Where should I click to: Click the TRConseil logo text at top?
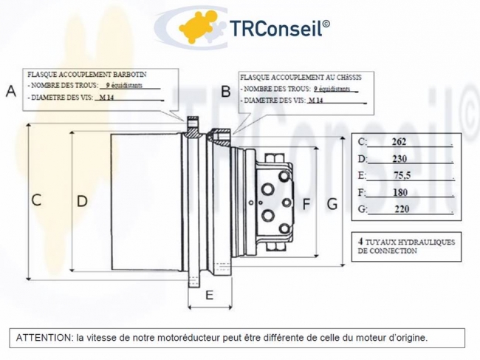pyautogui.click(x=279, y=28)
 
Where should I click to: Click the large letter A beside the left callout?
pyautogui.click(x=11, y=91)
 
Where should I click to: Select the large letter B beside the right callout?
pyautogui.click(x=226, y=92)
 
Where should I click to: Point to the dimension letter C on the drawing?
pyautogui.click(x=36, y=200)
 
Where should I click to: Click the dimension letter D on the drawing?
pyautogui.click(x=82, y=201)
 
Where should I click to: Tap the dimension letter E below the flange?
pyautogui.click(x=210, y=295)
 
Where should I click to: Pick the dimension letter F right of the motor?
pyautogui.click(x=306, y=204)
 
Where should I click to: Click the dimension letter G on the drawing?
pyautogui.click(x=332, y=204)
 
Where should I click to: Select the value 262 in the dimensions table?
pyautogui.click(x=399, y=141)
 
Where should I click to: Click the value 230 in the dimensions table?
pyautogui.click(x=400, y=159)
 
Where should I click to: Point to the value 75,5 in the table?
pyautogui.click(x=402, y=175)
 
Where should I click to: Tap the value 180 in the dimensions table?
pyautogui.click(x=400, y=192)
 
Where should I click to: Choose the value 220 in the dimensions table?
pyautogui.click(x=402, y=209)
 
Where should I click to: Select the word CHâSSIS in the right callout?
pyautogui.click(x=349, y=77)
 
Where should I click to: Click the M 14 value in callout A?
pyautogui.click(x=106, y=98)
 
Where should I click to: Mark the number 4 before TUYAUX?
pyautogui.click(x=360, y=241)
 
